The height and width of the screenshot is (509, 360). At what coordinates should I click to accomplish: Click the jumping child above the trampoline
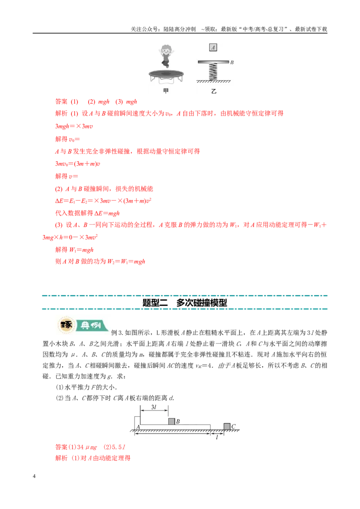click(166, 56)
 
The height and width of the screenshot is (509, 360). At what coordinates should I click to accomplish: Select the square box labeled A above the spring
click(213, 47)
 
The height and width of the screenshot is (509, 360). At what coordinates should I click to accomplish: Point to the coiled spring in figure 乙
click(213, 71)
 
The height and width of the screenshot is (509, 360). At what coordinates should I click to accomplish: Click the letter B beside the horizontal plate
click(232, 62)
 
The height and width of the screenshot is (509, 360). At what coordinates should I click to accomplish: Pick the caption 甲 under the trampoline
click(166, 91)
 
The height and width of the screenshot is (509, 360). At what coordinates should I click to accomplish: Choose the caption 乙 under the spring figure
click(213, 91)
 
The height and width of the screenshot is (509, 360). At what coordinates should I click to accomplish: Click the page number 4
click(34, 476)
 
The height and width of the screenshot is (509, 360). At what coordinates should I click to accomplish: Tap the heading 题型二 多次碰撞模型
click(184, 303)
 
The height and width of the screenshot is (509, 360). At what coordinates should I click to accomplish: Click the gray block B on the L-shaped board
click(171, 421)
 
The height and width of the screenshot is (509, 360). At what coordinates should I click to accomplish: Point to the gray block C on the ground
click(227, 426)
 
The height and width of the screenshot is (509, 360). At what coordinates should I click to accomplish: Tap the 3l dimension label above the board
click(154, 407)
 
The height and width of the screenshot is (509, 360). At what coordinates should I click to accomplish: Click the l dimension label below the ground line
click(217, 437)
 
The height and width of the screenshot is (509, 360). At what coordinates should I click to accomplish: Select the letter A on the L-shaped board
click(138, 427)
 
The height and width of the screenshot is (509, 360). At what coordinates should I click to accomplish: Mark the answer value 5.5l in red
click(119, 447)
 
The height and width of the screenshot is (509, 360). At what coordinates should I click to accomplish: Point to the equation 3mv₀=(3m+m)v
click(78, 164)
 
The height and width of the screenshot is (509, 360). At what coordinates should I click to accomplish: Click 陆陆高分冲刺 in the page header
click(180, 29)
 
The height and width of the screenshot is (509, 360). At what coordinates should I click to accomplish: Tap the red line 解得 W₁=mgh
click(74, 250)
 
